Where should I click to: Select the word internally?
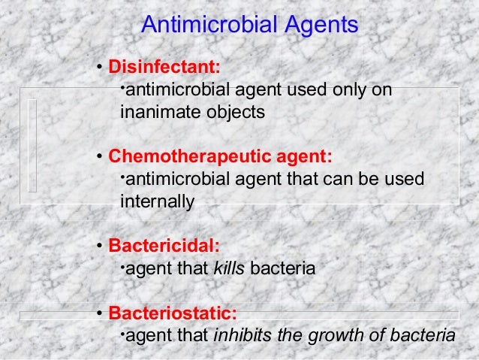tap(157, 202)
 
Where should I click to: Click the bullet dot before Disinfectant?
tap(100, 66)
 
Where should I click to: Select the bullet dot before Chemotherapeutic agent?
tap(100, 158)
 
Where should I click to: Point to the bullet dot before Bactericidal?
tap(100, 247)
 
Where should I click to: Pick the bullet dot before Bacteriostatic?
tap(100, 313)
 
